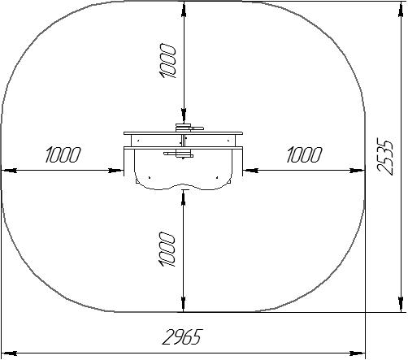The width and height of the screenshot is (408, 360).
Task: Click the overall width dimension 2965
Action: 182,337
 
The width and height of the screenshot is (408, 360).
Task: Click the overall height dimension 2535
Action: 385,157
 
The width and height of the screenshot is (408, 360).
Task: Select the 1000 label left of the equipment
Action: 63,154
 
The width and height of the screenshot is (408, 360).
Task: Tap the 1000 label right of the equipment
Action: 304,154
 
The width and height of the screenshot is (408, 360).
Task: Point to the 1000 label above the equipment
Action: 168,61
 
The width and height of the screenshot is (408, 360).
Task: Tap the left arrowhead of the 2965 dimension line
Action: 9,353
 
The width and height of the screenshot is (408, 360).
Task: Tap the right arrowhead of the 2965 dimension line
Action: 358,353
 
